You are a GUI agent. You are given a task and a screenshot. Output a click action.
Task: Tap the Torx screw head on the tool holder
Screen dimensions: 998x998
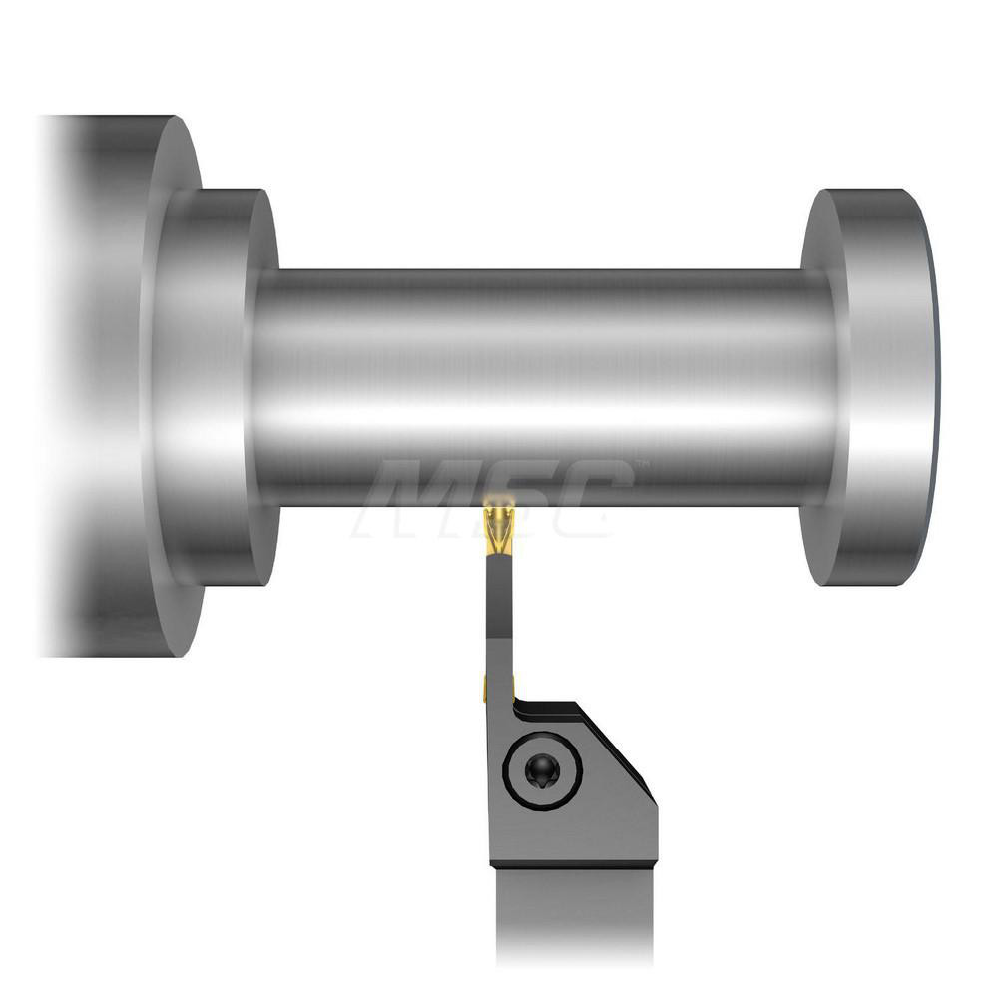(x=541, y=771)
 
